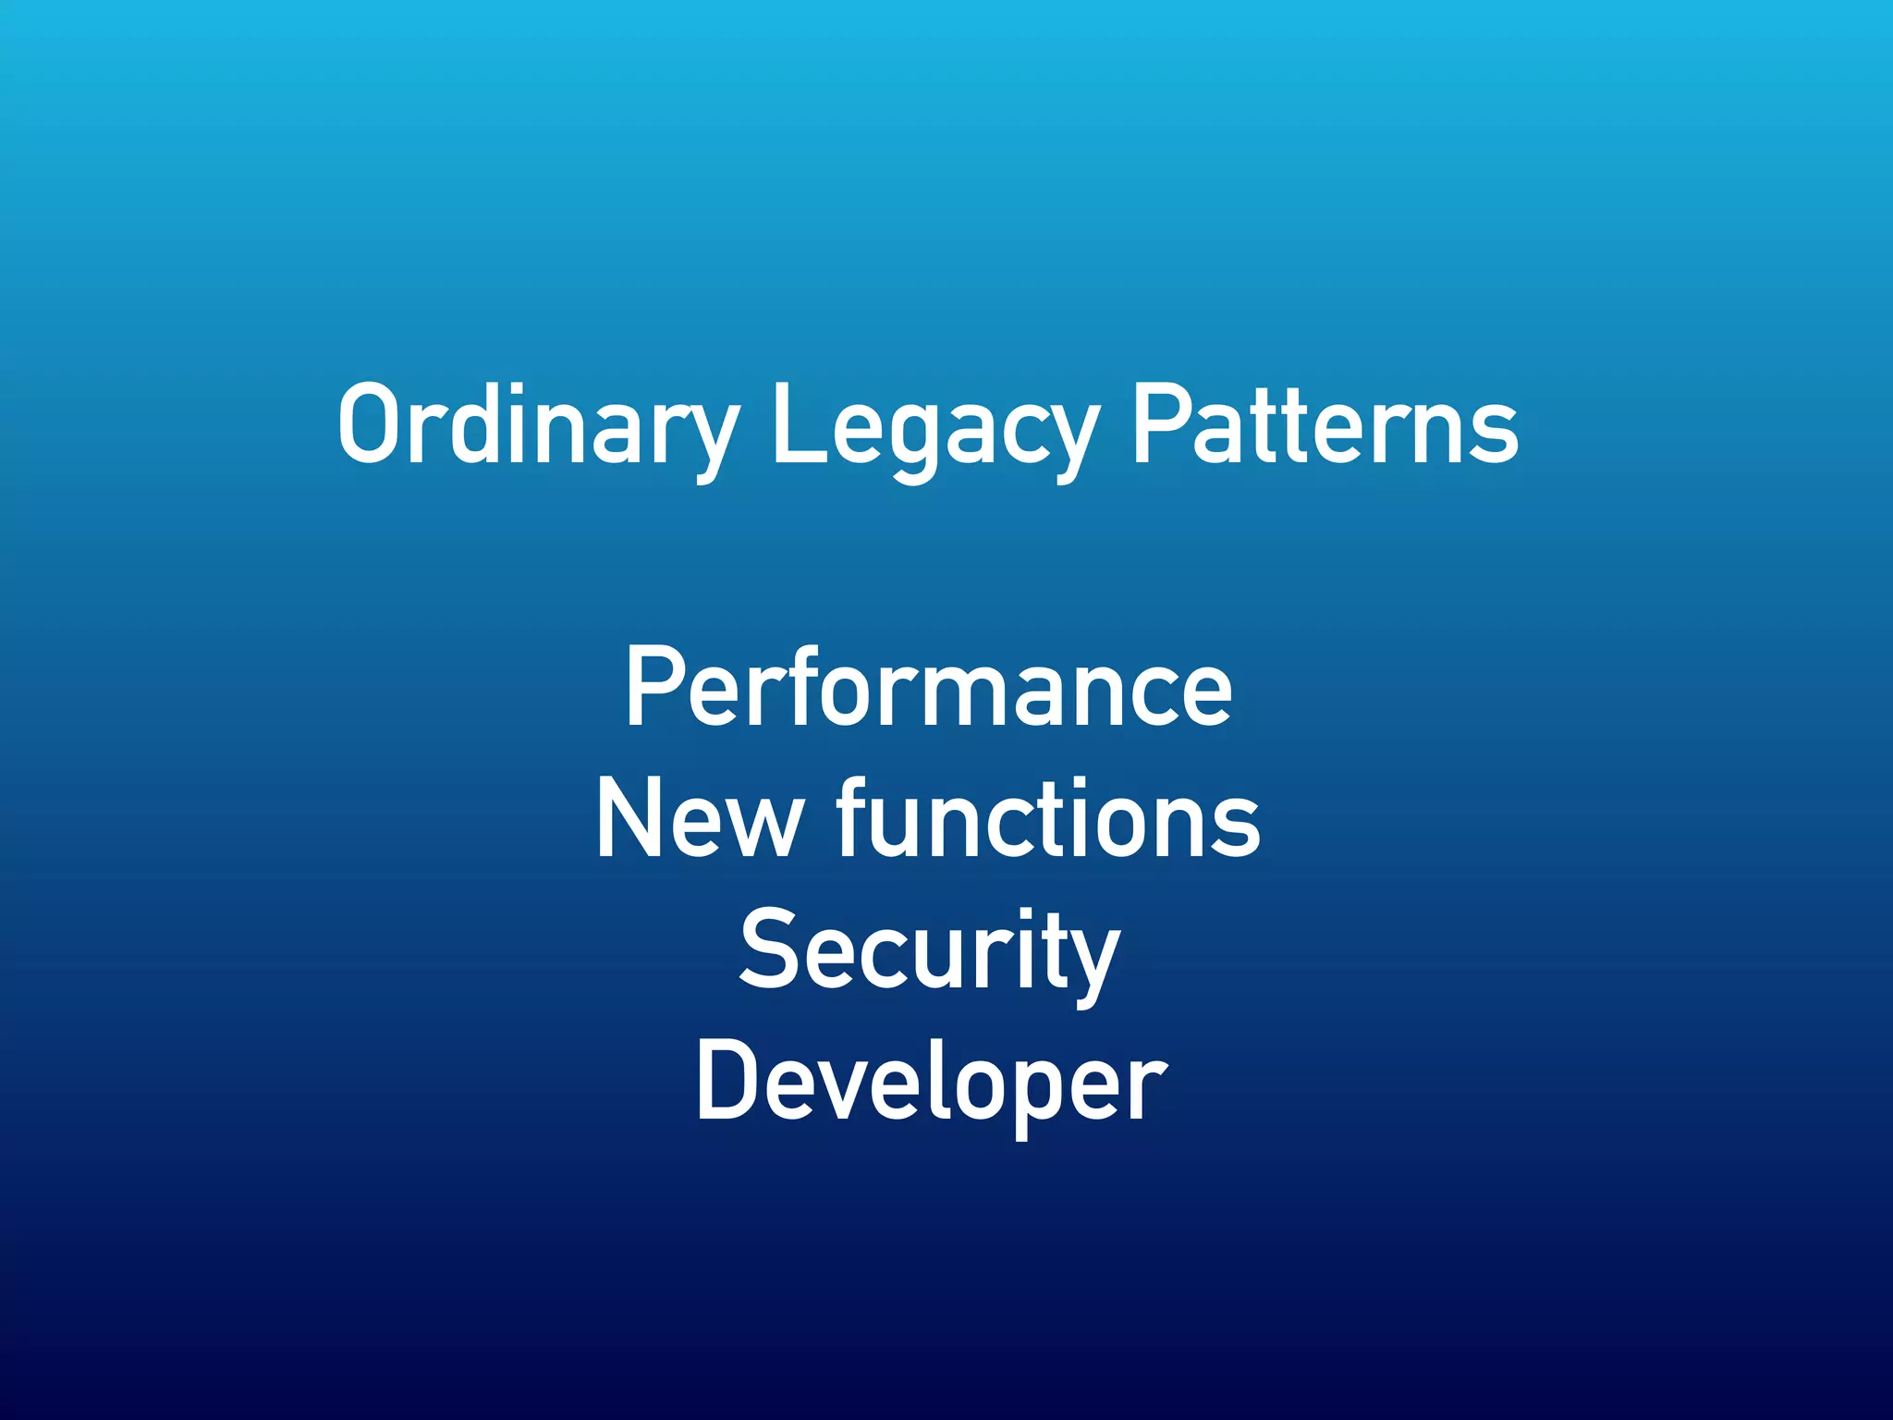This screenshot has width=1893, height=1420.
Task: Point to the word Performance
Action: point(928,688)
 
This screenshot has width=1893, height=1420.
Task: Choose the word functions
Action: point(1049,817)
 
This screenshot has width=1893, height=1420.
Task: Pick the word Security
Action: point(930,952)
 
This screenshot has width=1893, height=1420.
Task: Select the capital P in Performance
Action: point(653,686)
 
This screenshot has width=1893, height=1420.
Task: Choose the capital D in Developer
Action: point(727,1080)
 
